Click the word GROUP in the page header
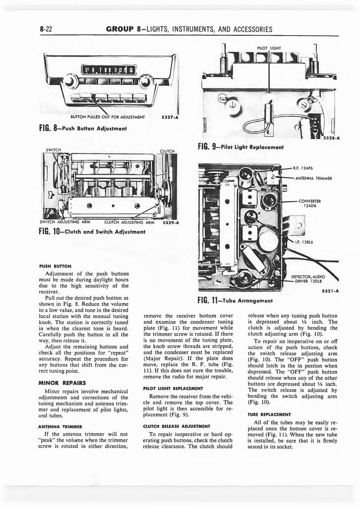tap(120, 29)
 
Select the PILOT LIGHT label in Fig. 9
tap(269, 48)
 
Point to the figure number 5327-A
tap(170, 118)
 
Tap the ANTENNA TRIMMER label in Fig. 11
tap(316, 178)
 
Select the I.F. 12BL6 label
tap(305, 242)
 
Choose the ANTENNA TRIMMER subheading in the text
tap(60, 426)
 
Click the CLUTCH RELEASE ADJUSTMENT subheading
tap(177, 426)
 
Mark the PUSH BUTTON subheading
tap(55, 266)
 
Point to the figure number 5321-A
tap(330, 291)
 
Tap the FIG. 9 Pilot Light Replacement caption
tap(240, 147)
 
